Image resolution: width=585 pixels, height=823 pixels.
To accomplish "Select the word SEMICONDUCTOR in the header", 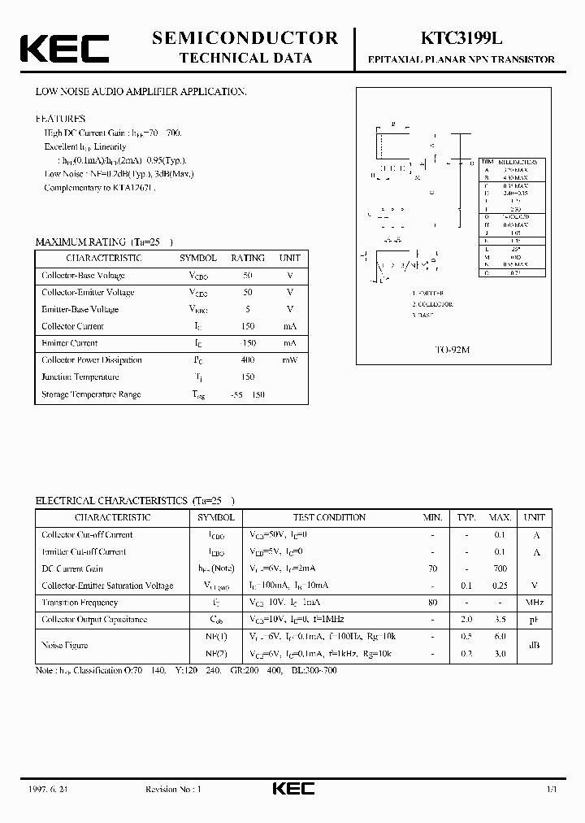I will pos(245,37).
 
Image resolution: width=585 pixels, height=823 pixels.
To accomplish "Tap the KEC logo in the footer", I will pos(292,789).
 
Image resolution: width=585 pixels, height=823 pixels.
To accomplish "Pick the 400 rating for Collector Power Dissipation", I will pos(247,360).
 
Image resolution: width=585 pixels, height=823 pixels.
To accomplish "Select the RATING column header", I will pos(247,258).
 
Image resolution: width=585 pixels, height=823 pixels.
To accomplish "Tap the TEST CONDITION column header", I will pos(329,517).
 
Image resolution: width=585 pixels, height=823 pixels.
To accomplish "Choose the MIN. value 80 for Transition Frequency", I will pos(432,603).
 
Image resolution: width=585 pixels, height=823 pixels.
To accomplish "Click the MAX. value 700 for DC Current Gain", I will pos(500,568).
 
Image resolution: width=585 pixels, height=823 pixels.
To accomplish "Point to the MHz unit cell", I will pos(534,603).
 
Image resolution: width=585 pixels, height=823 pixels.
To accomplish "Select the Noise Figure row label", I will pos(65,645).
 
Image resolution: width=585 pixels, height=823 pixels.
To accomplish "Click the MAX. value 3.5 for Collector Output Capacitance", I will pos(500,620).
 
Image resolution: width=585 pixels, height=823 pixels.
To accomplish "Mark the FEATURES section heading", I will pos(59,119).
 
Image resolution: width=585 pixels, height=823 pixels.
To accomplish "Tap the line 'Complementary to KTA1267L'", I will pos(100,187).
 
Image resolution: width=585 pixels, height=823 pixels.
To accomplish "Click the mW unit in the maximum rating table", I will pos(290,360).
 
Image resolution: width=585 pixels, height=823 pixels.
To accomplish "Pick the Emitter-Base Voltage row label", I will pos(80,309).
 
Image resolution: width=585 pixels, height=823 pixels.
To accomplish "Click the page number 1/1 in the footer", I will pos(551,789).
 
